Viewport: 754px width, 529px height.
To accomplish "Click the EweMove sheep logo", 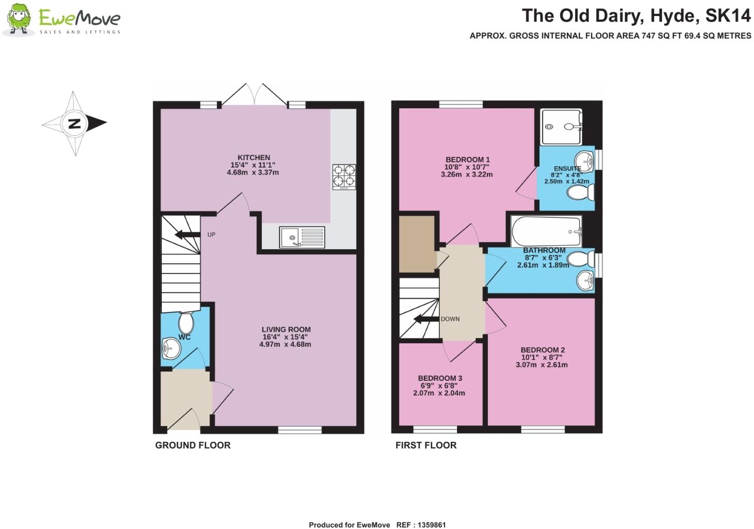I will (x=19, y=20).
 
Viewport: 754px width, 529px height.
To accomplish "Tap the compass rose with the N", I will (x=74, y=123).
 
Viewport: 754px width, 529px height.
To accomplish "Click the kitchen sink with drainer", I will (x=302, y=237).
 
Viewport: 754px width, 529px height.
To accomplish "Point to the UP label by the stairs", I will (x=211, y=235).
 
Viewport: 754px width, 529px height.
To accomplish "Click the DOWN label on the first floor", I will (x=450, y=319).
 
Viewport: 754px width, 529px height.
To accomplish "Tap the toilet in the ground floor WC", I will (x=186, y=323).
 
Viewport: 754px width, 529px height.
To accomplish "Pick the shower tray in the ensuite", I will (x=561, y=126).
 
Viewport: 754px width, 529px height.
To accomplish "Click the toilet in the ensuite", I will (x=580, y=194).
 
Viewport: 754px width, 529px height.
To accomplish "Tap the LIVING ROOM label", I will (x=286, y=329).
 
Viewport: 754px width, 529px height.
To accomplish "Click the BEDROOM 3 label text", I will (x=440, y=378).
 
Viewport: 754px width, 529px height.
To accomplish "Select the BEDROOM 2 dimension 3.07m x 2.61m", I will (x=542, y=365).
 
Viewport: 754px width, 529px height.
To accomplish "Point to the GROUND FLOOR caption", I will (x=193, y=445).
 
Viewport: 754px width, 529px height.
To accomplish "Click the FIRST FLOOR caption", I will (x=426, y=445).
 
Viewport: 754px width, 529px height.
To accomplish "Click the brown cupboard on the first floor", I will (x=417, y=244).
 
